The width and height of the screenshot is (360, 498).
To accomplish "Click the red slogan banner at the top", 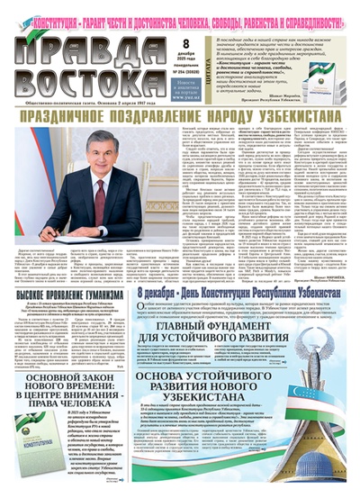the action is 180,12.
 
